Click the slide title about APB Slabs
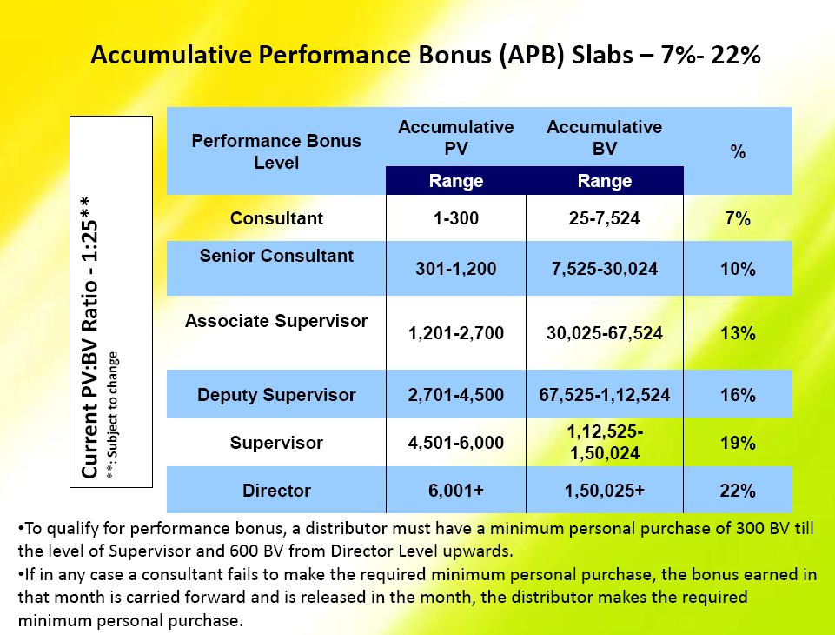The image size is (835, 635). [x=426, y=55]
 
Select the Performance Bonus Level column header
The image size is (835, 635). [x=275, y=151]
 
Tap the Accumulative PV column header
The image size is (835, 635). [x=456, y=137]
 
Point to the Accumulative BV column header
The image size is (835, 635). [x=604, y=137]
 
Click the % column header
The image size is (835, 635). [x=738, y=151]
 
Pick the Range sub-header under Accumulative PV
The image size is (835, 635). [x=456, y=181]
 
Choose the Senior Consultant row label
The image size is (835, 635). [x=276, y=256]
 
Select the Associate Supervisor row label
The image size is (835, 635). [x=276, y=321]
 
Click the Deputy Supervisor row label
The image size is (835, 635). [x=276, y=395]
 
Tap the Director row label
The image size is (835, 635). [x=276, y=491]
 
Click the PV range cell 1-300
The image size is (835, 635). [x=456, y=218]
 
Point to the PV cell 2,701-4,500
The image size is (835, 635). [x=456, y=395]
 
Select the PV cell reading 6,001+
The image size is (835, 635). [x=456, y=491]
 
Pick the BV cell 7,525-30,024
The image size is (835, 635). [x=604, y=270]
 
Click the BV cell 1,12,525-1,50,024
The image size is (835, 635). [x=604, y=443]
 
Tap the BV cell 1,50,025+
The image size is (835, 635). [x=604, y=491]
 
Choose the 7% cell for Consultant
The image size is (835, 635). [x=738, y=218]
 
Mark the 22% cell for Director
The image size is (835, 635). [x=738, y=491]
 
